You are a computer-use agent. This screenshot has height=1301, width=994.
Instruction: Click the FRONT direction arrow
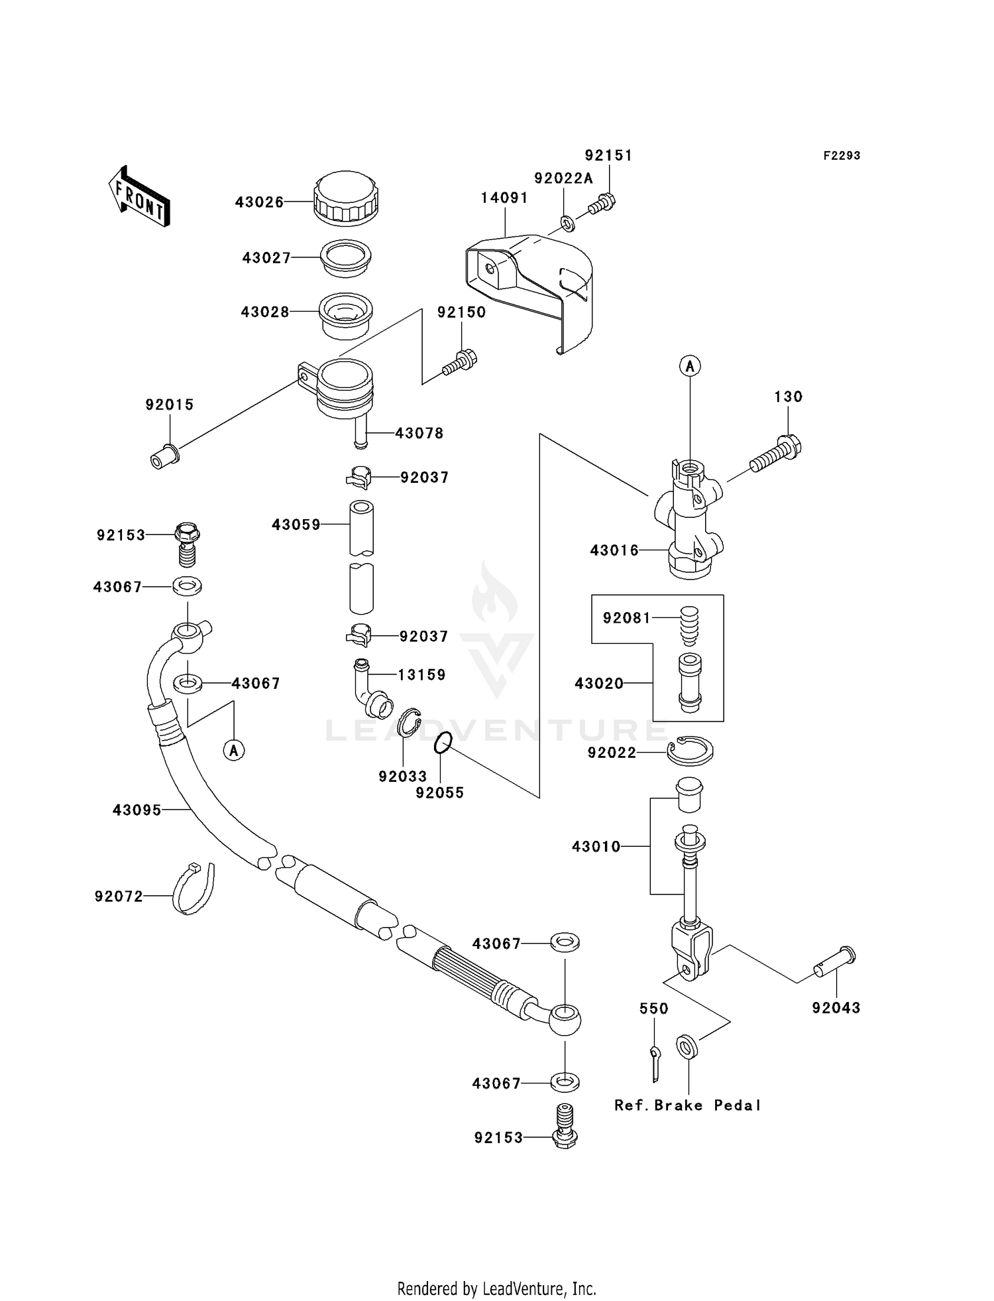coord(140,196)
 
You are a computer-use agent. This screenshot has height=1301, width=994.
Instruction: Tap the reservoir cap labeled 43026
coord(346,197)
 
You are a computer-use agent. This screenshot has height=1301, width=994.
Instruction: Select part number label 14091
coord(504,198)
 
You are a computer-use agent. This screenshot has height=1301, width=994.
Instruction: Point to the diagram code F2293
coord(842,156)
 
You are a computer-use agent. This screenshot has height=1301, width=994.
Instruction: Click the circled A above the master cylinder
coord(690,365)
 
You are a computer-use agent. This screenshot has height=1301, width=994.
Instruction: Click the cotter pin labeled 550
coord(655,1063)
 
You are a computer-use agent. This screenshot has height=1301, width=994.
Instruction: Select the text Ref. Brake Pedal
coord(687,1105)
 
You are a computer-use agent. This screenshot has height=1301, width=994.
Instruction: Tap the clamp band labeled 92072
coord(193,889)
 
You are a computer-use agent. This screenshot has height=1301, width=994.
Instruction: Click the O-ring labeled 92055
coord(443,743)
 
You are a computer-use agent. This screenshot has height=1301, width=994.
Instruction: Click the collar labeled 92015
coord(164,457)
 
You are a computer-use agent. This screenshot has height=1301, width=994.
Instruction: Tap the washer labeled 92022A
coord(567,223)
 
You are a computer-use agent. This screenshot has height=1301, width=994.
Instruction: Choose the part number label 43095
coord(137,810)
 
